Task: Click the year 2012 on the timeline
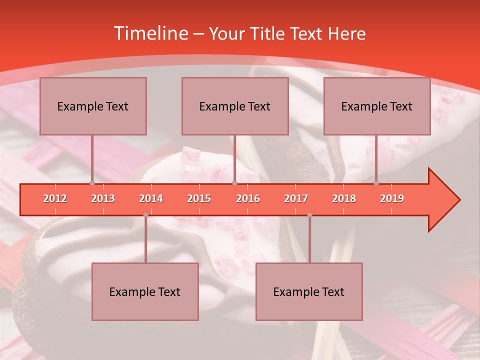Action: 55,198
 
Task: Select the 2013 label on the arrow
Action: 103,198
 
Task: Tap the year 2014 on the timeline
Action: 151,198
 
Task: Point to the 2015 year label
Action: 199,198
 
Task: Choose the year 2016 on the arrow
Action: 248,198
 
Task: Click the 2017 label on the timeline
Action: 296,198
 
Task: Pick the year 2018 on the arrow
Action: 344,198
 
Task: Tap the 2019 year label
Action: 392,198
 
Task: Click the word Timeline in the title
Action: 150,33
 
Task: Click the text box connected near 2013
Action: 93,106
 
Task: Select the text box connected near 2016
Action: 235,106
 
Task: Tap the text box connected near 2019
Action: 377,106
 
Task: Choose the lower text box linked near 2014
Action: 145,291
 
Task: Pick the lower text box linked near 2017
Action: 309,291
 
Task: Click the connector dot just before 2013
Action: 92,183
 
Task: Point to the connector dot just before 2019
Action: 376,183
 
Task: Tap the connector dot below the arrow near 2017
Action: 309,215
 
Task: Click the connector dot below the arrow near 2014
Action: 145,215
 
